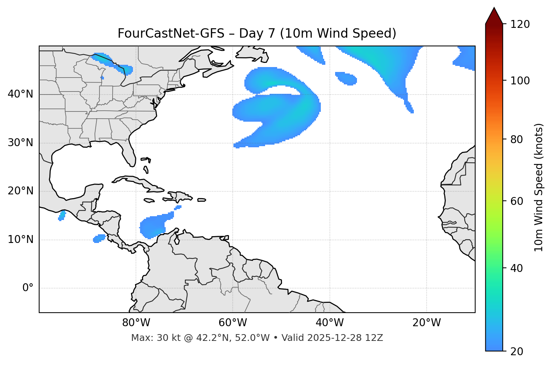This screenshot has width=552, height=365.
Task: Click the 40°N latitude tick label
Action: click(x=20, y=94)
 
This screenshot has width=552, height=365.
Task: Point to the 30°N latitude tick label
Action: click(x=20, y=143)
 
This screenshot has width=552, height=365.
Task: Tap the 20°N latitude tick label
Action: click(x=20, y=191)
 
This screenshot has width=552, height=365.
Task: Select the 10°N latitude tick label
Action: click(x=20, y=240)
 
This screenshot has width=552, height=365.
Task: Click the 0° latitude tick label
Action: click(x=28, y=288)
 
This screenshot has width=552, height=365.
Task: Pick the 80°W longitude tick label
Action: click(x=136, y=323)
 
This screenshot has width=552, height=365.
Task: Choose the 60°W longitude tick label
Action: click(x=233, y=323)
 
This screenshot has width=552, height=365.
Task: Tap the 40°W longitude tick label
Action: click(x=329, y=323)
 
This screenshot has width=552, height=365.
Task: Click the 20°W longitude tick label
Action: click(x=427, y=323)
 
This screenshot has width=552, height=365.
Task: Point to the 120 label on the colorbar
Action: click(x=520, y=24)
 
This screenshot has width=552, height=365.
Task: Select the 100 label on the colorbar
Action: click(x=520, y=81)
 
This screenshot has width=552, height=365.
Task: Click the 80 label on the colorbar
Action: click(x=517, y=139)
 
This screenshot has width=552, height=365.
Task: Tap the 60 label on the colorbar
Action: click(x=517, y=201)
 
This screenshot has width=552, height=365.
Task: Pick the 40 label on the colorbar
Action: click(x=517, y=268)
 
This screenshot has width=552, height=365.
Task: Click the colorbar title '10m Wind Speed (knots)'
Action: click(x=539, y=187)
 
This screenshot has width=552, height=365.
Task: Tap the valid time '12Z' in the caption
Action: click(x=375, y=338)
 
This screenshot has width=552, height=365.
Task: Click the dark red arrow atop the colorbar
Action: click(x=494, y=16)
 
